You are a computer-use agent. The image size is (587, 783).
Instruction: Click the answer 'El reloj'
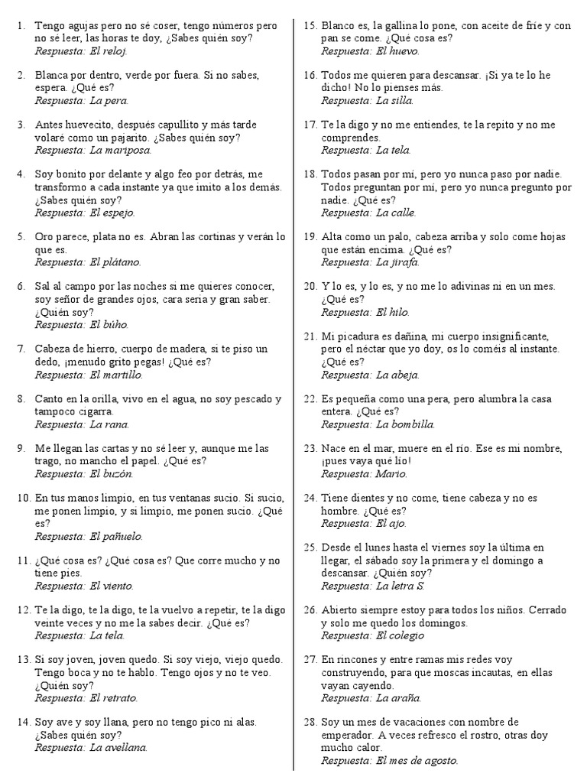(x=109, y=51)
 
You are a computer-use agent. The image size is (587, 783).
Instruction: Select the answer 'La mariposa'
(x=120, y=151)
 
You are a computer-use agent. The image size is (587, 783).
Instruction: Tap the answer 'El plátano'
(x=115, y=262)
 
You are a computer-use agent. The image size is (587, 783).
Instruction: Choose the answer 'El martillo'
(x=115, y=375)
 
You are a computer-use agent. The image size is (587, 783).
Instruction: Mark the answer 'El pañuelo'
(x=115, y=537)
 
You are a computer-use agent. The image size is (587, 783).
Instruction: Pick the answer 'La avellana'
(x=118, y=748)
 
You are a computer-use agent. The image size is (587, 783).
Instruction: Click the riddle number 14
(x=23, y=722)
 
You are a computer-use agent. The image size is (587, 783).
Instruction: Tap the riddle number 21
(x=310, y=336)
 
